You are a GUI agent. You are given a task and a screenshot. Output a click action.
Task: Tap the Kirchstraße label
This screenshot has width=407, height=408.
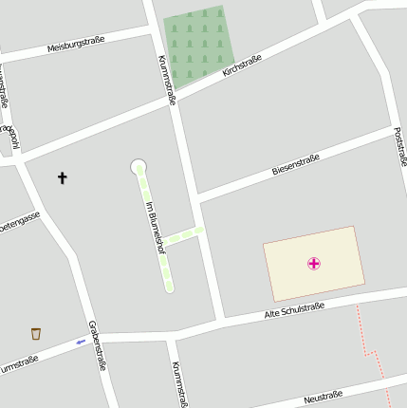241,65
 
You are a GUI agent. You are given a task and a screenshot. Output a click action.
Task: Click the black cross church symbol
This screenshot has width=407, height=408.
63,177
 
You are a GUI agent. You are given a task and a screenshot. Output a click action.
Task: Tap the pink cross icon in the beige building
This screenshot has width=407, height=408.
314,263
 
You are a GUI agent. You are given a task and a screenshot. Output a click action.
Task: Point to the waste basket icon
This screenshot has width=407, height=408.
36,333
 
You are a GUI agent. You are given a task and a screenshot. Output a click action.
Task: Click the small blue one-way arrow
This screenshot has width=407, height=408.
81,343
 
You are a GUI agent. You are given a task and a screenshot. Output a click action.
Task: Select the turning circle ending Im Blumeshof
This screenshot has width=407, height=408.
139,167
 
